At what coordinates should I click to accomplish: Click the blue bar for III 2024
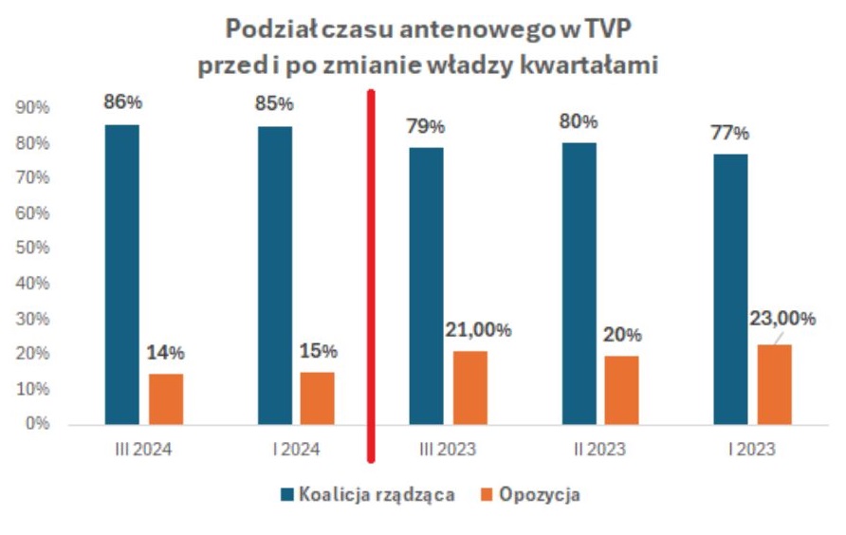(x=121, y=274)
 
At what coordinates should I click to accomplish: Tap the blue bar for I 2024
(x=274, y=275)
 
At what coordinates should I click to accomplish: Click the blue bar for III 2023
(x=426, y=286)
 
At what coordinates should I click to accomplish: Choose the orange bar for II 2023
(x=621, y=390)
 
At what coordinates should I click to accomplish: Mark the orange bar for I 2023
(x=774, y=384)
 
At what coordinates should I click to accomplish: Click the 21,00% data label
(x=478, y=330)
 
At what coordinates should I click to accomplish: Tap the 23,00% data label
(x=782, y=319)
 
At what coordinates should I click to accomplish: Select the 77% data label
(x=730, y=132)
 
